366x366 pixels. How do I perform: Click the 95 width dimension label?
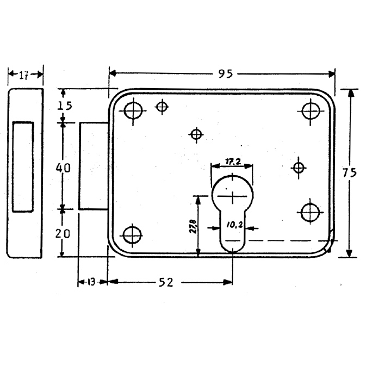coord(226,74)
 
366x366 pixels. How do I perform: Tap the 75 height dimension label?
coord(350,173)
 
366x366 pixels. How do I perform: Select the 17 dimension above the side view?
coord(23,76)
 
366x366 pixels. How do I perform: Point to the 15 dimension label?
coord(65,106)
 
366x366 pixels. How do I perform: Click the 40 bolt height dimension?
coord(63,168)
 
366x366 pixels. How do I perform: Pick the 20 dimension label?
coord(63,233)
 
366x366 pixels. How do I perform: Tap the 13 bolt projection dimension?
coord(91,282)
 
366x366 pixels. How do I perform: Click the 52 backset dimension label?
coord(166,282)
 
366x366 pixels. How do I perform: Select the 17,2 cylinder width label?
coord(233,162)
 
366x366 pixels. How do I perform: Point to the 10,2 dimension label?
coord(234,225)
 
